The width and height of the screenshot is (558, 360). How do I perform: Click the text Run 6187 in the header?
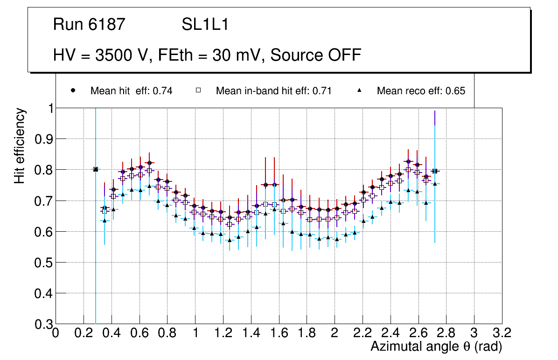click(89, 25)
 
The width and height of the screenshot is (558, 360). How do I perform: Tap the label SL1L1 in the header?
click(205, 25)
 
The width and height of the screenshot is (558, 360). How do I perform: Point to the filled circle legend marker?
click(73, 90)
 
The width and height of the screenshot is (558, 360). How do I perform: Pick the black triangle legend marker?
click(360, 90)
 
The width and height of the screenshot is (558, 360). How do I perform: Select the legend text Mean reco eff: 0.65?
click(421, 91)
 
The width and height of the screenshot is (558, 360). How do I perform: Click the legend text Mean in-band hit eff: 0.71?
click(273, 91)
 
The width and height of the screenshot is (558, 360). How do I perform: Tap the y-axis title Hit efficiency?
click(20, 145)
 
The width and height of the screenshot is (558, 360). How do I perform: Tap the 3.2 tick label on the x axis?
click(502, 332)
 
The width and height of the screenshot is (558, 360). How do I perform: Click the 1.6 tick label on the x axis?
click(279, 332)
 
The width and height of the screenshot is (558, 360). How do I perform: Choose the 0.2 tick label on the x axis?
click(84, 332)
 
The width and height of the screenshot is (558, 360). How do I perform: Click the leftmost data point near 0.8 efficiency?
click(96, 169)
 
